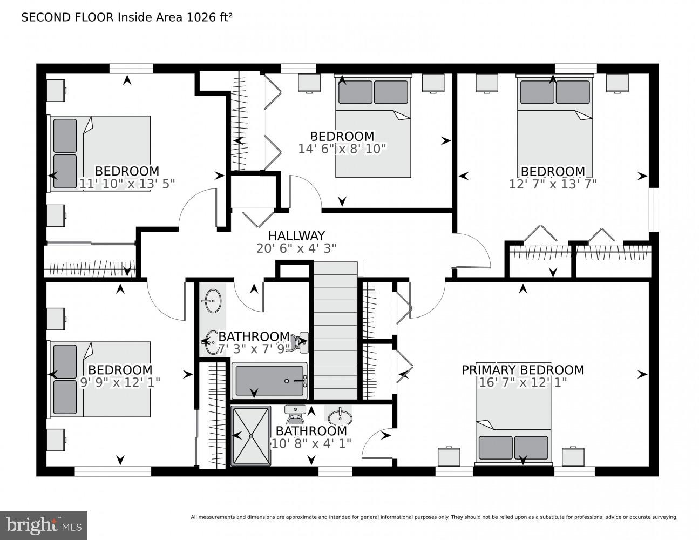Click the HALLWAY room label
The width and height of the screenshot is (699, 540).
pyautogui.click(x=296, y=236)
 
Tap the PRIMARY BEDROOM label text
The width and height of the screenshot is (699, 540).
pyautogui.click(x=522, y=370)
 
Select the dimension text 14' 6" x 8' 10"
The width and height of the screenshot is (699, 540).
pyautogui.click(x=342, y=148)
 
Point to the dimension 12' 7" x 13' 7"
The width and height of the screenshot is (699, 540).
pyautogui.click(x=553, y=184)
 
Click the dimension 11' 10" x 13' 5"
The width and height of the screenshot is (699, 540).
pyautogui.click(x=127, y=184)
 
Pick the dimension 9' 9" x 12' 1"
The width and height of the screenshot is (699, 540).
pyautogui.click(x=120, y=382)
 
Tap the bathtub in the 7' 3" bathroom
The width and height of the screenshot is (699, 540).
pyautogui.click(x=269, y=381)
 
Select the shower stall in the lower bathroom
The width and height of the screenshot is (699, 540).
pyautogui.click(x=250, y=435)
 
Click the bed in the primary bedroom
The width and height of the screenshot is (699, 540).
pyautogui.click(x=513, y=427)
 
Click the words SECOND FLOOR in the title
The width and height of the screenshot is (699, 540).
pyautogui.click(x=67, y=17)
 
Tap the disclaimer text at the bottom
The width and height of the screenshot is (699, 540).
pyautogui.click(x=433, y=517)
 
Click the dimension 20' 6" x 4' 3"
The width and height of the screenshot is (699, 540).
pyautogui.click(x=296, y=248)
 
